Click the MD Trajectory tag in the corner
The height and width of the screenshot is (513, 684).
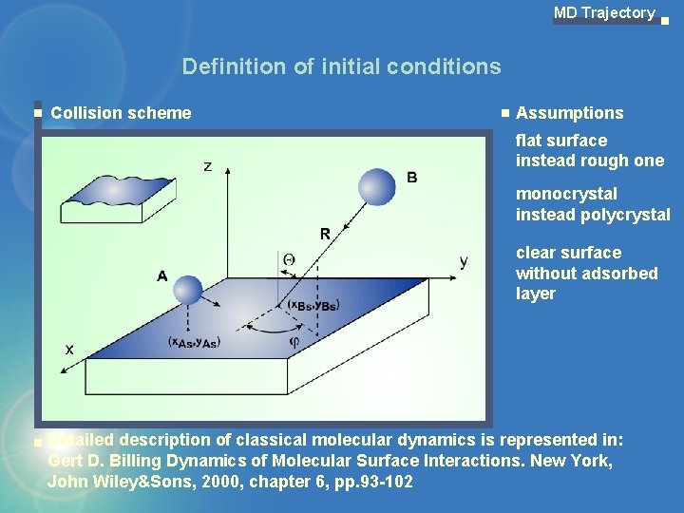[x=604, y=13]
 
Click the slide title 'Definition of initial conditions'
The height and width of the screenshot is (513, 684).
[x=341, y=66]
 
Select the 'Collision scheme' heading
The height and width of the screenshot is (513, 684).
[x=121, y=113]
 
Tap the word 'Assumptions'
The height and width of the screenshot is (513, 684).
[x=569, y=113]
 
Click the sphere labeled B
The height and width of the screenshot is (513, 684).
[x=376, y=186]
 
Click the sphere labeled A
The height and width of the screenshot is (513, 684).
[x=189, y=289]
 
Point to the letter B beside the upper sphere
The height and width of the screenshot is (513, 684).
[x=411, y=178]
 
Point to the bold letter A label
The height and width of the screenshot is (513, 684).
[x=162, y=276]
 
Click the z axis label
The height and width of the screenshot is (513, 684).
[x=208, y=166]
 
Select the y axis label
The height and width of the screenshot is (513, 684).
[x=463, y=261]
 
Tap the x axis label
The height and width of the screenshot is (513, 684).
[x=69, y=350]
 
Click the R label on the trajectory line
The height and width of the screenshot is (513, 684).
[x=325, y=234]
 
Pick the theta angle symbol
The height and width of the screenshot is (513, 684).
[x=288, y=259]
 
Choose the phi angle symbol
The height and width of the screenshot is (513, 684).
[x=294, y=341]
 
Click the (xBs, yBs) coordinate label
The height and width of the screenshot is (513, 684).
[x=313, y=305]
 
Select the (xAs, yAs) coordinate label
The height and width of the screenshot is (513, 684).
[x=194, y=342]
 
